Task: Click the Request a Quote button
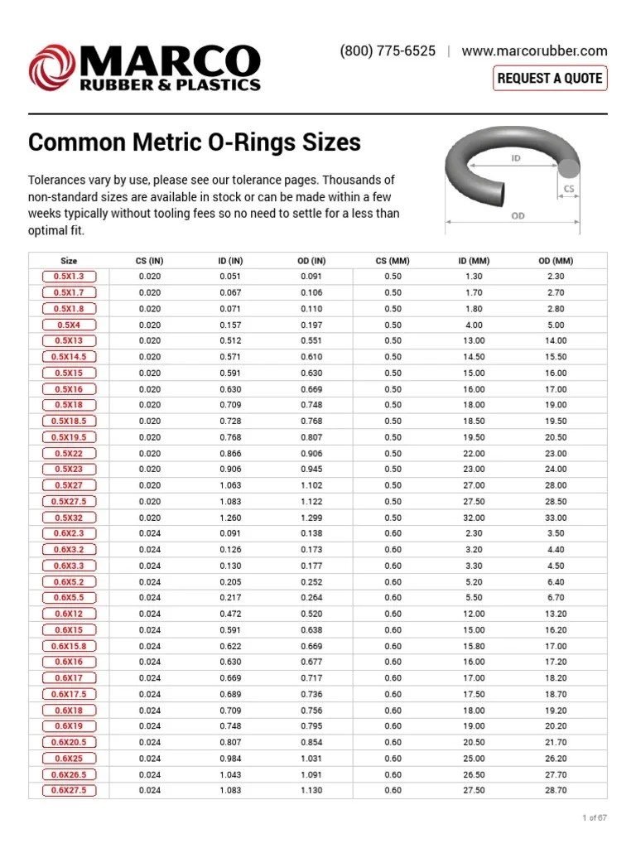coord(550,79)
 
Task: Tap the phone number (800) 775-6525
coord(388,51)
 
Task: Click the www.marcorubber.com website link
coord(534,51)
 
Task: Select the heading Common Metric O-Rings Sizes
coord(195,142)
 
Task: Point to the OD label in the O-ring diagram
coord(518,215)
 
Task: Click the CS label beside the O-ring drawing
coord(568,190)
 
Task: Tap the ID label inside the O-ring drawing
coord(515,157)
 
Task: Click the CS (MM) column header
coord(393,261)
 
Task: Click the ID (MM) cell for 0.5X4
coord(475,325)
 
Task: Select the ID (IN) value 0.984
coord(231,759)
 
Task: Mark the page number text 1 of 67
coord(595,817)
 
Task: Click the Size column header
coord(69,261)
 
